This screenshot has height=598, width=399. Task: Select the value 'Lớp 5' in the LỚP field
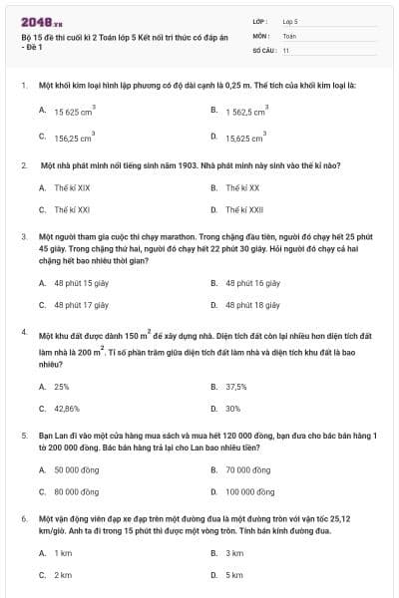point(289,20)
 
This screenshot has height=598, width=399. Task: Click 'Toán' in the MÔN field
point(289,35)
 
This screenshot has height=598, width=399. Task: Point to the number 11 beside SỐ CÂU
point(286,49)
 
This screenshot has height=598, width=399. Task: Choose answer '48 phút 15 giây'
point(81,283)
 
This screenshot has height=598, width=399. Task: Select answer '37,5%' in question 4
point(235,386)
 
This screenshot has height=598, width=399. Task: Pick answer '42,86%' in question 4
point(66,409)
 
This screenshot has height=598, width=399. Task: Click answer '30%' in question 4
point(232,409)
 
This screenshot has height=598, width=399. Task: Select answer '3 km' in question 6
point(234,552)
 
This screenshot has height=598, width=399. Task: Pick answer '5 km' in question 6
point(234,575)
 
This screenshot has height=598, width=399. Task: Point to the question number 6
point(23,519)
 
